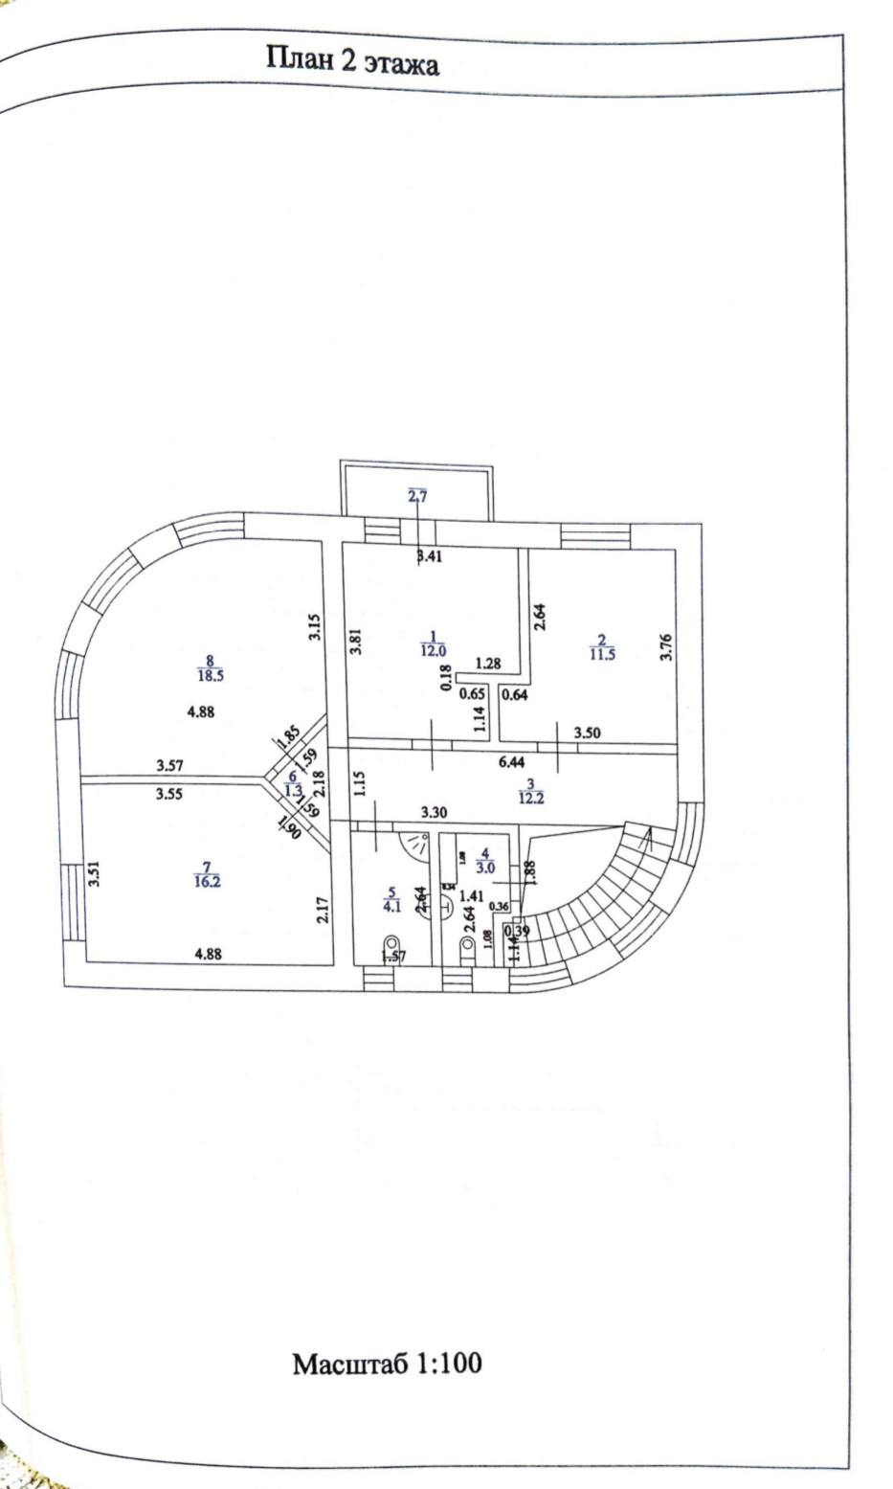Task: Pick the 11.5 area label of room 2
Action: click(602, 653)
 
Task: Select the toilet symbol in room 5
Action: click(391, 945)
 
